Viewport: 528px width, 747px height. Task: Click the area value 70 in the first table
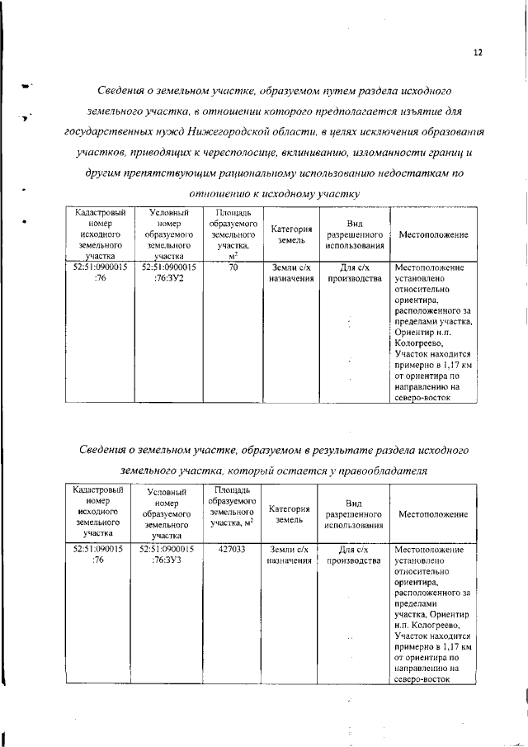click(x=233, y=267)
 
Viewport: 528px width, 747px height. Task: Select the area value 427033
click(x=232, y=549)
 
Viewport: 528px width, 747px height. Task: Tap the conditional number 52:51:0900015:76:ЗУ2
click(x=167, y=273)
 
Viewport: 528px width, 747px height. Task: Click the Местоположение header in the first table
click(x=433, y=234)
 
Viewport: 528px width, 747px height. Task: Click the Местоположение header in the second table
click(x=433, y=514)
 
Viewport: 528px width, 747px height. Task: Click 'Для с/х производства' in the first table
click(x=355, y=273)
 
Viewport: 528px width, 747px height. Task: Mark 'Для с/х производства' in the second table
click(x=354, y=555)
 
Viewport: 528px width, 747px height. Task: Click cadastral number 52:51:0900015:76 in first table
click(x=100, y=273)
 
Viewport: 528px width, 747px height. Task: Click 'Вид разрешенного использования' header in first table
click(x=355, y=234)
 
